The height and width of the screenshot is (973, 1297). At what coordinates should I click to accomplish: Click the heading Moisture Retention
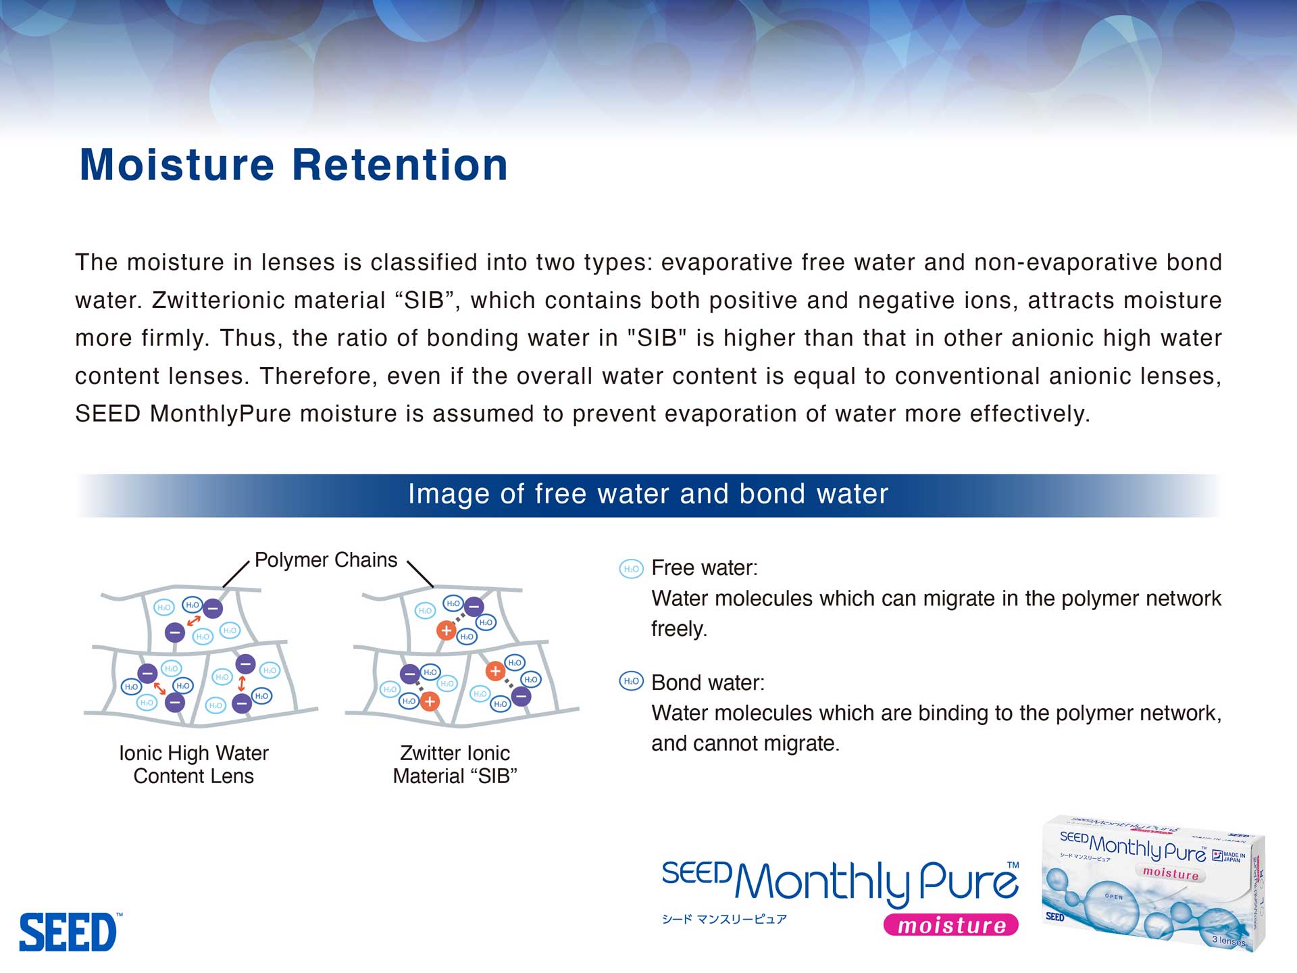(x=293, y=165)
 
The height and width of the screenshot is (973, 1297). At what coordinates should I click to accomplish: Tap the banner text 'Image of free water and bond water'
(x=648, y=495)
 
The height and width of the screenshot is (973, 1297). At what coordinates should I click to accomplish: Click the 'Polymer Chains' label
(x=326, y=560)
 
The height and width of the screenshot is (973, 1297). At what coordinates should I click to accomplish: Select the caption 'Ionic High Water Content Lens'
(x=194, y=764)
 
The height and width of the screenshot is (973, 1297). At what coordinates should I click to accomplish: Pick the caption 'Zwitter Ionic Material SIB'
(x=455, y=764)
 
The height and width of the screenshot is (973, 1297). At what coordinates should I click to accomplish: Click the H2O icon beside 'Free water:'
(x=632, y=569)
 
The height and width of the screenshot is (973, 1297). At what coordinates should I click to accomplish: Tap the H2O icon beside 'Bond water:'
(x=632, y=681)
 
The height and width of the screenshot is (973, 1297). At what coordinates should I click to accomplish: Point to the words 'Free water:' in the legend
(x=705, y=568)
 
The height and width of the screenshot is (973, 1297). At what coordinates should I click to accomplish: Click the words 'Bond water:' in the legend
(x=708, y=682)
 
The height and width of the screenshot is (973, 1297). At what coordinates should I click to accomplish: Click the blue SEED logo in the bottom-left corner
(x=70, y=932)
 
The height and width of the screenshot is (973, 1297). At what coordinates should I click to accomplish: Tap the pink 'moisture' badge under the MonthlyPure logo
(x=951, y=925)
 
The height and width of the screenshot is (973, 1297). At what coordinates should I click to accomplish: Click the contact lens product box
(x=1153, y=882)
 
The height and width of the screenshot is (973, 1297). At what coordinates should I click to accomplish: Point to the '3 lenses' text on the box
(x=1229, y=940)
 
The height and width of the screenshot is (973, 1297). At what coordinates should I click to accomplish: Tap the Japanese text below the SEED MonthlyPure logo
(x=724, y=919)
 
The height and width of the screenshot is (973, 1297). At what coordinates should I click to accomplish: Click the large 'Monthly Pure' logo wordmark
(x=876, y=883)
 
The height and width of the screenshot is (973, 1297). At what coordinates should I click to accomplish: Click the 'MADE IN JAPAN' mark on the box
(x=1229, y=857)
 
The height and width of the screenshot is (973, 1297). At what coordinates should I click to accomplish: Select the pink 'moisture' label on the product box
(x=1171, y=873)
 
